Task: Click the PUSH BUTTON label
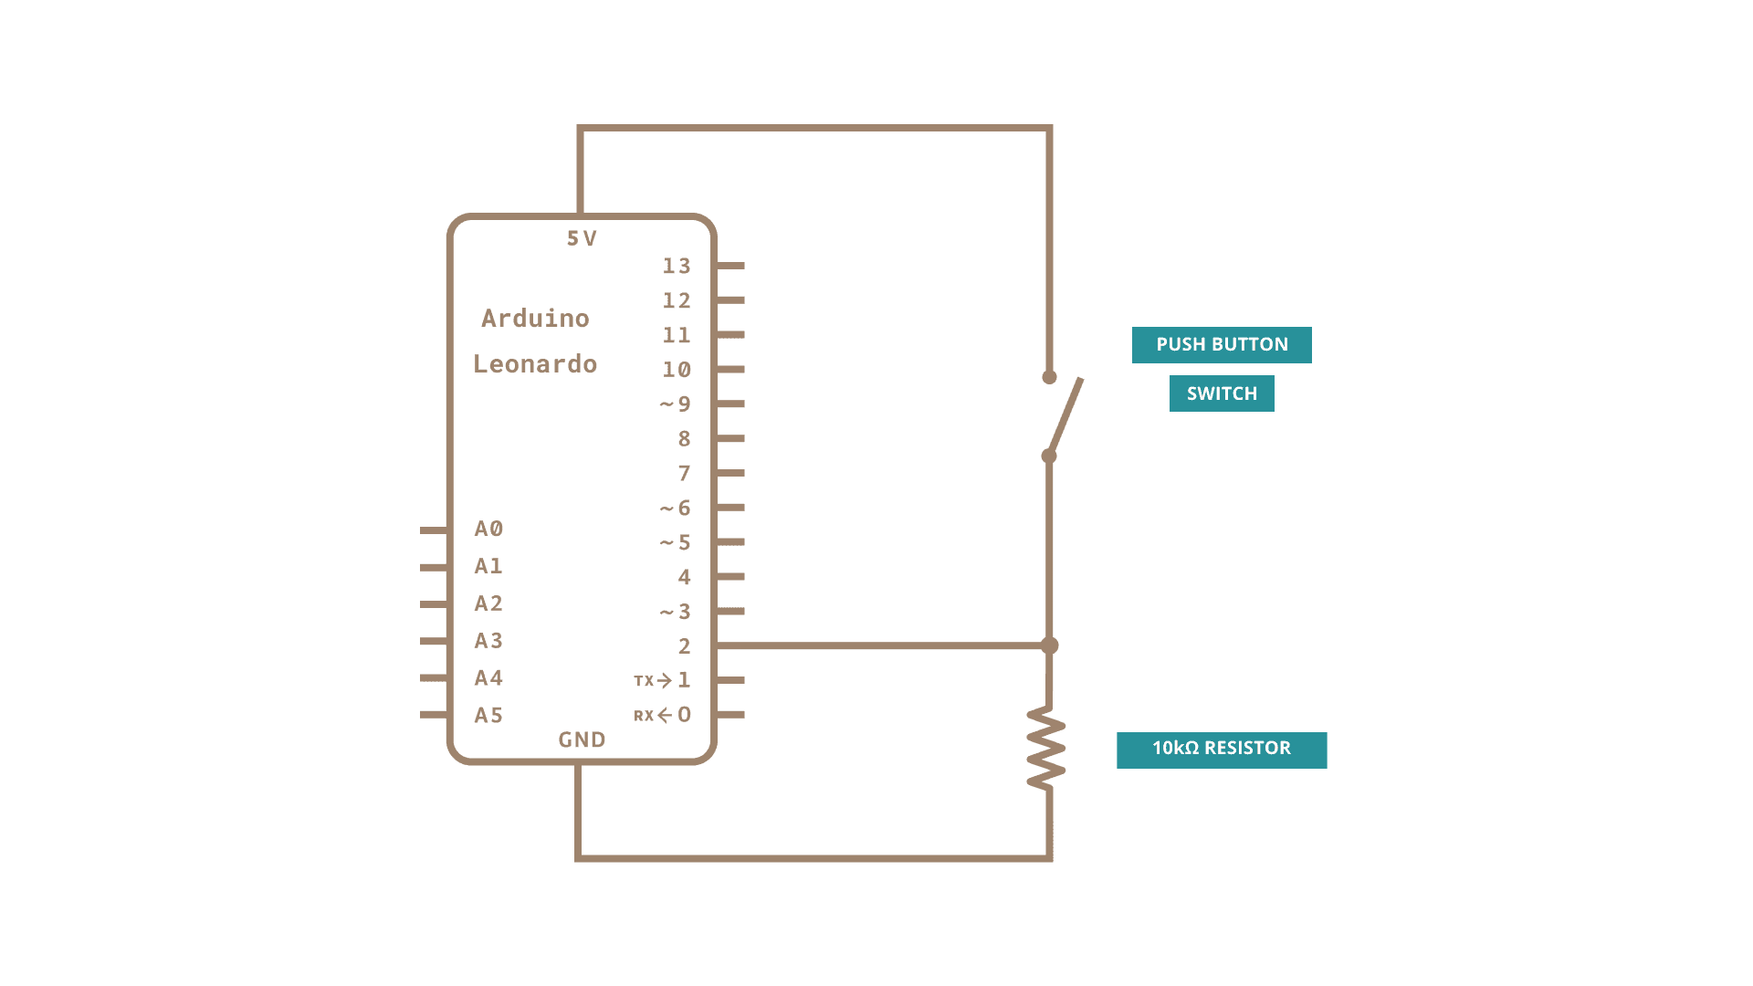[x=1222, y=345]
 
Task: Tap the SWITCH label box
[x=1222, y=393]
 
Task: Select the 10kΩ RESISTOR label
[x=1222, y=750]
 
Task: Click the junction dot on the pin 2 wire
[x=1050, y=645]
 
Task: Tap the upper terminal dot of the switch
[x=1049, y=377]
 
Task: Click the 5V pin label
[x=582, y=239]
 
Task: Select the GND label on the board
[x=582, y=739]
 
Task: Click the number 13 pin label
[x=677, y=266]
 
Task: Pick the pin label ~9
[x=676, y=404]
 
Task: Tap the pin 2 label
[x=684, y=646]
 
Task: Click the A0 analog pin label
[x=488, y=530]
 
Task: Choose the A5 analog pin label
[x=488, y=716]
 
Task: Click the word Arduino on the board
[x=535, y=319]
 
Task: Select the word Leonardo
[x=535, y=364]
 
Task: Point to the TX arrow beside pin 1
[x=664, y=680]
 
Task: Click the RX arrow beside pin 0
[x=664, y=715]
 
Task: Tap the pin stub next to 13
[x=731, y=266]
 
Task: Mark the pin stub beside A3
[x=434, y=641]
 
